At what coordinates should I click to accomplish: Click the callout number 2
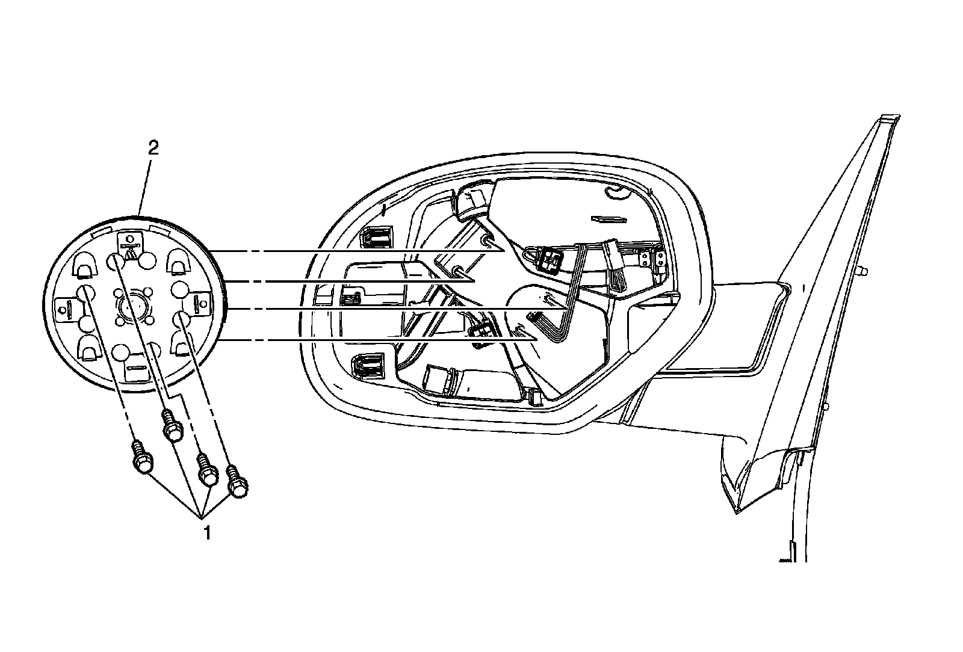[x=153, y=148]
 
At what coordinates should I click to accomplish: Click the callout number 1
[x=206, y=533]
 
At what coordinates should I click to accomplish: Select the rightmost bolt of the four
[x=238, y=482]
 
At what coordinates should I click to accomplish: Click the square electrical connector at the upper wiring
[x=550, y=259]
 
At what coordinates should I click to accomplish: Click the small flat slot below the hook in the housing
[x=605, y=220]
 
